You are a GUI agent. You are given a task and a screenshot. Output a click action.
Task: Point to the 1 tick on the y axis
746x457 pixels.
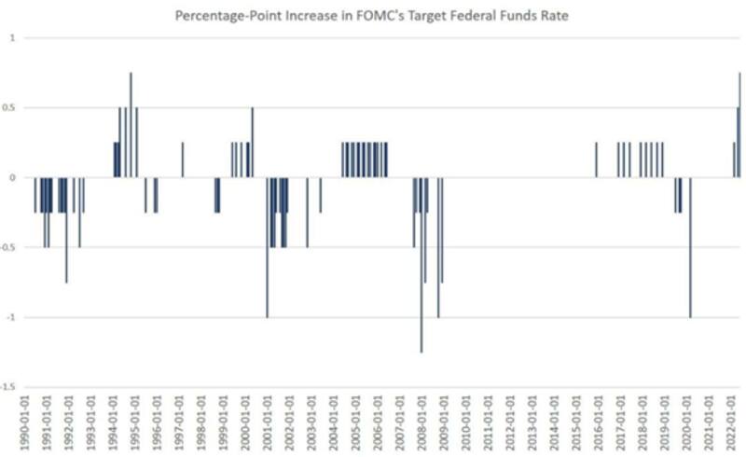13,37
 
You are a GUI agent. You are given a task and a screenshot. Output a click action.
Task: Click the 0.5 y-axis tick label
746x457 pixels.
10,107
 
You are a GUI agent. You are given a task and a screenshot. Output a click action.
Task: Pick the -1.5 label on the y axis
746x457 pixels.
8,387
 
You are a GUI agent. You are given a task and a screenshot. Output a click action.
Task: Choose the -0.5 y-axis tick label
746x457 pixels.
8,247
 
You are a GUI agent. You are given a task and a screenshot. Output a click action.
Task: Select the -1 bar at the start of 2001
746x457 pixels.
267,247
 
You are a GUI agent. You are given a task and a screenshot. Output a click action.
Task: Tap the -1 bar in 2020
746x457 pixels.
690,247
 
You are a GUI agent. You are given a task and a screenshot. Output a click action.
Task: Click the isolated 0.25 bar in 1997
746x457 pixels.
183,159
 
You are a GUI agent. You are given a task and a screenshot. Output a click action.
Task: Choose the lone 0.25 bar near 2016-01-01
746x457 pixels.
596,159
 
